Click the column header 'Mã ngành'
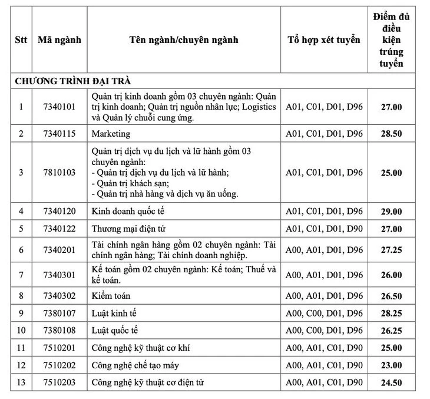[59, 40]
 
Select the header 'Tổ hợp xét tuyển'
[323, 40]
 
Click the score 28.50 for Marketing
[391, 134]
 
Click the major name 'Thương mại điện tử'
[128, 228]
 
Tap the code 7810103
[59, 173]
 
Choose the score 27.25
[391, 250]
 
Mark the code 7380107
[59, 313]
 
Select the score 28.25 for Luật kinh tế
[391, 313]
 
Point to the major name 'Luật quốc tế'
[115, 331]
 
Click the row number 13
[21, 383]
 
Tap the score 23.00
[391, 365]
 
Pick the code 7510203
[59, 383]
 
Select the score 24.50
[391, 383]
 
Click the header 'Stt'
[21, 40]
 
